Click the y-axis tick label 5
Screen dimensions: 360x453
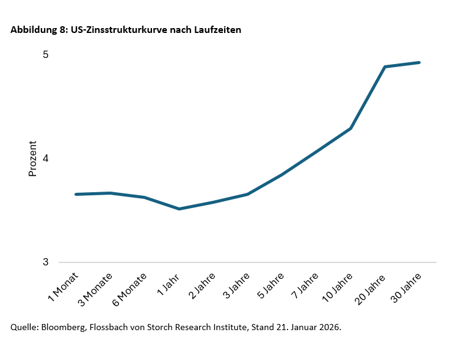(45, 55)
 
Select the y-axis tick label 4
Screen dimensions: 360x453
(45, 159)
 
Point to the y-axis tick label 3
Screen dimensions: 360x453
(45, 262)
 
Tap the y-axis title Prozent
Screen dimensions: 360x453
(33, 159)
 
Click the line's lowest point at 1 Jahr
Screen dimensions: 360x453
(179, 209)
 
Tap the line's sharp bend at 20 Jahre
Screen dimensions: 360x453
(385, 67)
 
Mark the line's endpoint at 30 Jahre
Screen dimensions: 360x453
(419, 62)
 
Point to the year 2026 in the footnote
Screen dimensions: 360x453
(330, 327)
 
